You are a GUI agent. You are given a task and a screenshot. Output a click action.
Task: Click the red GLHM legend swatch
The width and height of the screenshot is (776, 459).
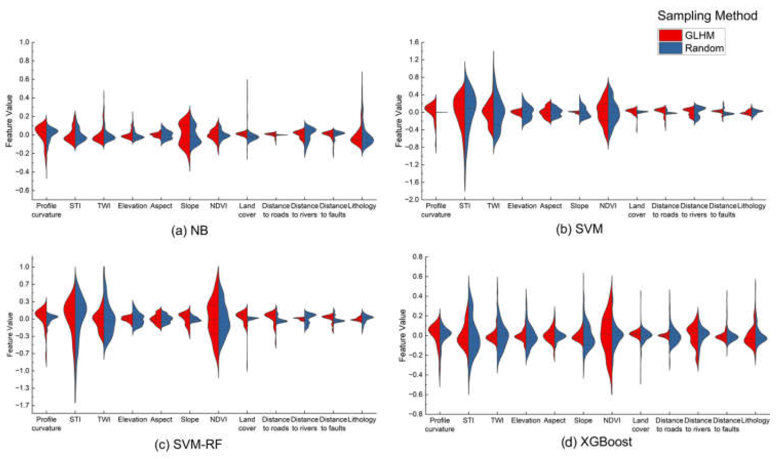pyautogui.click(x=670, y=36)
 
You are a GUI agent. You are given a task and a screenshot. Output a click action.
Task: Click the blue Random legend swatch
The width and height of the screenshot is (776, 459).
pyautogui.click(x=670, y=48)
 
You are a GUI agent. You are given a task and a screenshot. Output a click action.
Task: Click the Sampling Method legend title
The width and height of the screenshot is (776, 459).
pyautogui.click(x=707, y=15)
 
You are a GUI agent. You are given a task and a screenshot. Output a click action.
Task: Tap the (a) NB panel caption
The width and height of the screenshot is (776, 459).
pyautogui.click(x=189, y=231)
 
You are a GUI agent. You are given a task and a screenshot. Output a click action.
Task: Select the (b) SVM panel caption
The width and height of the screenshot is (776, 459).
pyautogui.click(x=579, y=229)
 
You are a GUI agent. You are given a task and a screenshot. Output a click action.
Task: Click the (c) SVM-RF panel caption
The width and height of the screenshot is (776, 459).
pyautogui.click(x=188, y=444)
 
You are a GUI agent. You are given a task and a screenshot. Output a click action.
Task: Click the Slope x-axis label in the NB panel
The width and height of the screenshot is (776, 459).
pyautogui.click(x=189, y=206)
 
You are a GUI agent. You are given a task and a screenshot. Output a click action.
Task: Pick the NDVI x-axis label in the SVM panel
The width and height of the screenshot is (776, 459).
pyautogui.click(x=608, y=206)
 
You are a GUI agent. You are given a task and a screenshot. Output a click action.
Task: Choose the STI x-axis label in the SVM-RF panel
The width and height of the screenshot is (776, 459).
pyautogui.click(x=75, y=420)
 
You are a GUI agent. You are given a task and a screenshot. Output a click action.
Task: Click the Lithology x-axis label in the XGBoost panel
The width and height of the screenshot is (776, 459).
pyautogui.click(x=755, y=420)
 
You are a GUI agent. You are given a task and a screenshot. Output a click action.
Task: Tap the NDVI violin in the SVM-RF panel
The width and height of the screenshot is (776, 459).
pyautogui.click(x=219, y=318)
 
